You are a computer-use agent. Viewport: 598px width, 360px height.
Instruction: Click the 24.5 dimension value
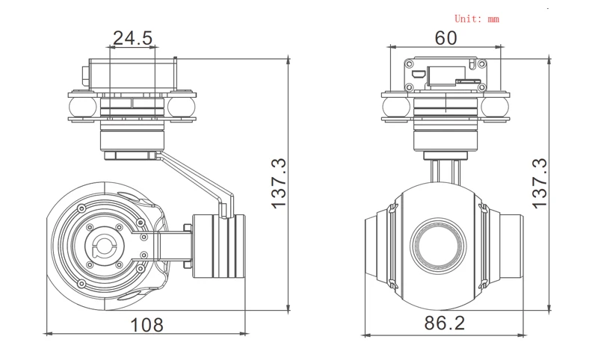pos(133,38)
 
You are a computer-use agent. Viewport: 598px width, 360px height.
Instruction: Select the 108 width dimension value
pos(147,325)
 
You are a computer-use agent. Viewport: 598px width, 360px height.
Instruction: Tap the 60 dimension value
pos(446,37)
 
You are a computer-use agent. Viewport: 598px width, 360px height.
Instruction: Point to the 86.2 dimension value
pos(445,323)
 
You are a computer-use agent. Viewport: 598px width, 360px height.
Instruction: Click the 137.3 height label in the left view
pos(279,183)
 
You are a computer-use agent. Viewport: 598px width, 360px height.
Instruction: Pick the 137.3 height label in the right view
pos(540,183)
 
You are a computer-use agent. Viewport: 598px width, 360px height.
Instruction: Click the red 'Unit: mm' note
pos(477,19)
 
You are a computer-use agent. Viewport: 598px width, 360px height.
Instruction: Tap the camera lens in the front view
pos(439,245)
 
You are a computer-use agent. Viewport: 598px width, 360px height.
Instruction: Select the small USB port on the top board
pos(419,73)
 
